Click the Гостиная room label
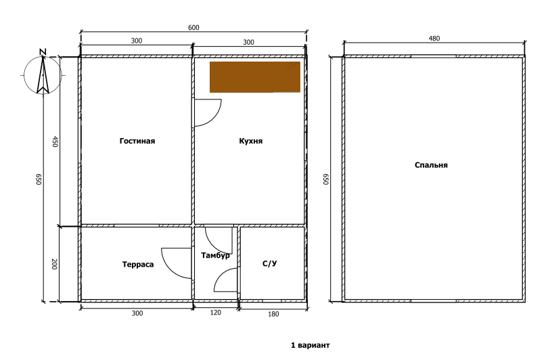(x=137, y=141)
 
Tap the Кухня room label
(x=250, y=141)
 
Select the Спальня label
(x=431, y=165)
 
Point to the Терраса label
(x=138, y=265)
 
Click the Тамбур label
(x=215, y=255)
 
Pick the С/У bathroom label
(x=270, y=263)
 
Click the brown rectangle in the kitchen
(x=255, y=77)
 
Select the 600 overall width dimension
(x=193, y=28)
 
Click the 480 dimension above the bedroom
(x=434, y=39)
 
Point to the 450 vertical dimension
(x=55, y=141)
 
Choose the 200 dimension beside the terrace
(x=54, y=264)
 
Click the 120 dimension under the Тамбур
(x=216, y=313)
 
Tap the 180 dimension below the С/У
(x=273, y=314)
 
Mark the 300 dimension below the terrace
(x=137, y=313)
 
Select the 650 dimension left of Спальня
(x=325, y=179)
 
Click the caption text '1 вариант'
(x=310, y=345)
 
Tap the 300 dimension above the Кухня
(x=248, y=43)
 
